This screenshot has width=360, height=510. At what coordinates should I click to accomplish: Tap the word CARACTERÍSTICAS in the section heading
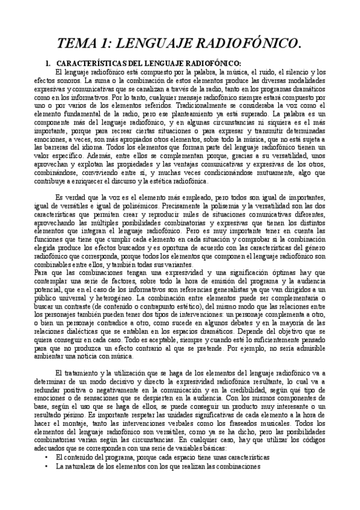[x=87, y=63]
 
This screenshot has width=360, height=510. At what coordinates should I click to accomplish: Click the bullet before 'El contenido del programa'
[x=46, y=457]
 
